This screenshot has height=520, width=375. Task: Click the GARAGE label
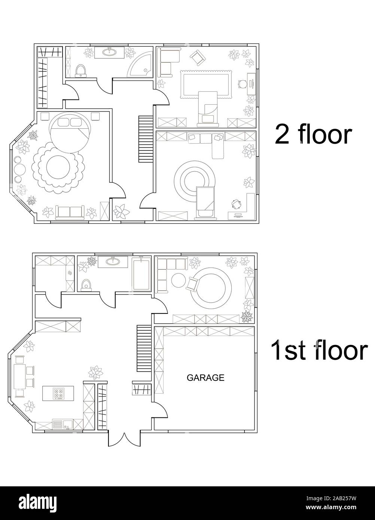point(205,378)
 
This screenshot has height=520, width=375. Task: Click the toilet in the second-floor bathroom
point(81,71)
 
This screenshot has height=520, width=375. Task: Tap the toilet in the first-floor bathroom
point(86,285)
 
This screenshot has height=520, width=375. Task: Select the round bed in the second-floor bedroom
point(70,133)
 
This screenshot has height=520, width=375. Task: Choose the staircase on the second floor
point(146,139)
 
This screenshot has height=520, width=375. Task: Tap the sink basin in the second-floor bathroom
point(109,52)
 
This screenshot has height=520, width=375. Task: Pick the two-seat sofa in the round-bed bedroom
point(70,212)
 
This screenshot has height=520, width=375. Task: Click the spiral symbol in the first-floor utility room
point(69,273)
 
